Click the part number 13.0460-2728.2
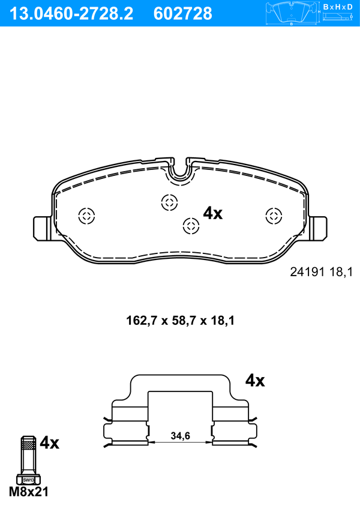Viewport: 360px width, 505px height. pos(71,14)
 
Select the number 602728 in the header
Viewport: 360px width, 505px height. pos(183,14)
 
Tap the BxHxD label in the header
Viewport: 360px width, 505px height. pos(338,7)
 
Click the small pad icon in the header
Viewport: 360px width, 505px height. pos(292,14)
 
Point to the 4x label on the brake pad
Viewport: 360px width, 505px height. pos(212,213)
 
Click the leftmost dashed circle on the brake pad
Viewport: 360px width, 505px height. pos(86,216)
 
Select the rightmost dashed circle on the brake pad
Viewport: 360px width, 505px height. pos(274,216)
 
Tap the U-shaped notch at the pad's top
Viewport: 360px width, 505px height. pos(180,171)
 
